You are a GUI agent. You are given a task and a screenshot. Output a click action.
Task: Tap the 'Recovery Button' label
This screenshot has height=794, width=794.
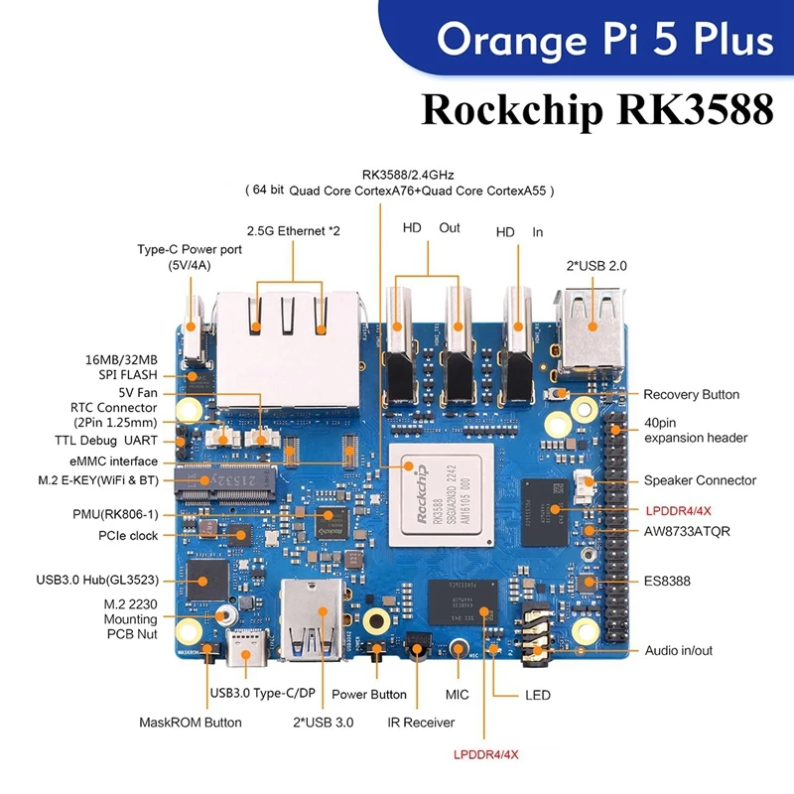691,394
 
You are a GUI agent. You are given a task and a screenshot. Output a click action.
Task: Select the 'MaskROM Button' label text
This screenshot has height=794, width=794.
190,722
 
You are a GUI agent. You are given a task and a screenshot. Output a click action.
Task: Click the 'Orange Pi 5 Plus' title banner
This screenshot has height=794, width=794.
605,40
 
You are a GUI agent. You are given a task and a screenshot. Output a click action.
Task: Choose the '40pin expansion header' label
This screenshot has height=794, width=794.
695,430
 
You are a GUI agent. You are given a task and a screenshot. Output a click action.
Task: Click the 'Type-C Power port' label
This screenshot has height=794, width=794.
190,257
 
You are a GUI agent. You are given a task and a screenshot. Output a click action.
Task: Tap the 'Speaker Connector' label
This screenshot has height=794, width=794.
700,480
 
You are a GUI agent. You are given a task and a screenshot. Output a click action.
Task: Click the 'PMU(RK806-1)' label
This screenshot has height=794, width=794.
111,515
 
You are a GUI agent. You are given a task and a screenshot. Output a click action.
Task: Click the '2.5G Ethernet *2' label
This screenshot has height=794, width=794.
292,231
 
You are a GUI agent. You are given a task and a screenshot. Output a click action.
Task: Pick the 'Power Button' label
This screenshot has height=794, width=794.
368,695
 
